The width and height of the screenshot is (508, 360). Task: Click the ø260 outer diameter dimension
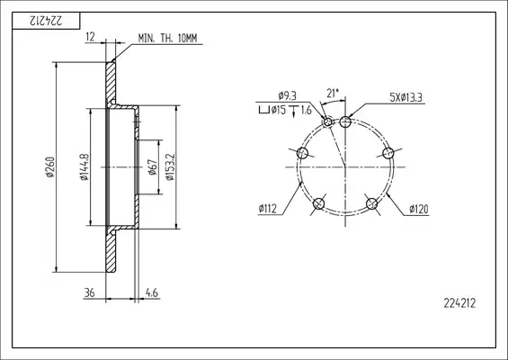[50, 167]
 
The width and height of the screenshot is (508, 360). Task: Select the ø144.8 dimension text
[84, 166]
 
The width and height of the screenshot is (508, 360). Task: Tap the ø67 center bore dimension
[152, 166]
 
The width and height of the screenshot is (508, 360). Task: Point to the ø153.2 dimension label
[170, 166]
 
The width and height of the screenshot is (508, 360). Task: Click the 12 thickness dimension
[91, 37]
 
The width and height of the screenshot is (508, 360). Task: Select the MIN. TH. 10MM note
[167, 39]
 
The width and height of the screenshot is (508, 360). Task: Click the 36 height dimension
[89, 292]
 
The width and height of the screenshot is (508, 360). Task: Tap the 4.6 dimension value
[152, 292]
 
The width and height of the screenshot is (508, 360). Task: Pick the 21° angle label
[333, 93]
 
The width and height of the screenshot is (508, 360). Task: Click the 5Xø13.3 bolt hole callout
[406, 97]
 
